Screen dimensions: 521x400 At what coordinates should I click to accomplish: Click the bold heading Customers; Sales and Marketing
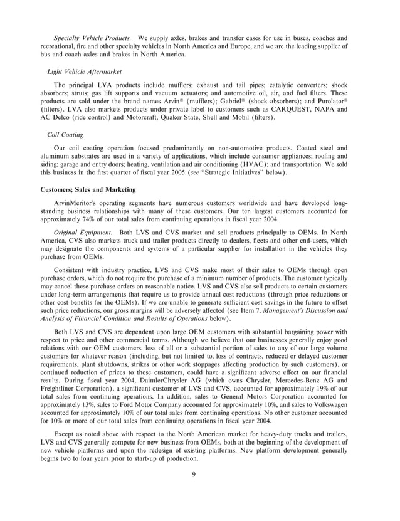(x=87, y=188)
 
